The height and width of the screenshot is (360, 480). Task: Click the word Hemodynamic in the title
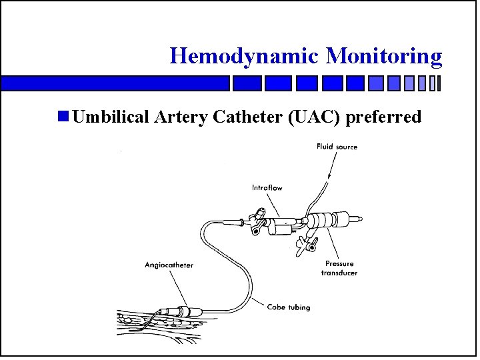(245, 55)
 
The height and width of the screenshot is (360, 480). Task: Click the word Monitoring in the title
(384, 55)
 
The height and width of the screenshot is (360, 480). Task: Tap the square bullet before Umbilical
(63, 117)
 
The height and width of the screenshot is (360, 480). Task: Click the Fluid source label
(337, 147)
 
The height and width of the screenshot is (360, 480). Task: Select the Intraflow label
(267, 188)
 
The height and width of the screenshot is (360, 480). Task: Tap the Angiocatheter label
(169, 265)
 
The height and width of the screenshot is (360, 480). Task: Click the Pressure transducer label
(339, 268)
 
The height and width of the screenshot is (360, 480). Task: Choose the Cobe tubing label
(288, 307)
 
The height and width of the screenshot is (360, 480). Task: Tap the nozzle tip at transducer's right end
(361, 219)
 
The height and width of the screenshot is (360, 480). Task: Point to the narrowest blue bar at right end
(439, 83)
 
